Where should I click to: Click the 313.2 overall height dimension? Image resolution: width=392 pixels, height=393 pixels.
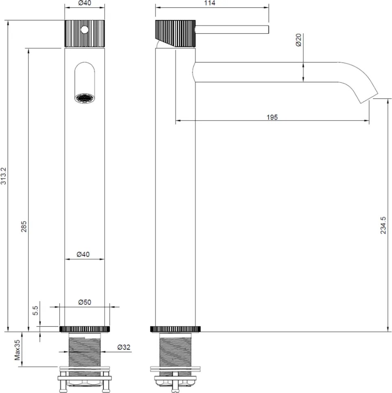pyautogui.click(x=4, y=176)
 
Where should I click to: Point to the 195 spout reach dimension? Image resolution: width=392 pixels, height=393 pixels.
pyautogui.click(x=272, y=117)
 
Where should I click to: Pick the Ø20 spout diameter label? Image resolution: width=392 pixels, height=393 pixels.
pyautogui.click(x=298, y=41)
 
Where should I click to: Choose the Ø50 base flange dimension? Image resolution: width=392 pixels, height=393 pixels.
pyautogui.click(x=84, y=302)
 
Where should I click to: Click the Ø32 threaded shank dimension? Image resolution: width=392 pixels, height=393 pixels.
pyautogui.click(x=123, y=347)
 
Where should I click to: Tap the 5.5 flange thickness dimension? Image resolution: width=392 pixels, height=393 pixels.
pyautogui.click(x=35, y=311)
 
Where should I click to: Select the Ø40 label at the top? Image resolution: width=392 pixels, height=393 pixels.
pyautogui.click(x=85, y=3)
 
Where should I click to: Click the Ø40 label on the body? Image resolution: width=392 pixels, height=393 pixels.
pyautogui.click(x=83, y=255)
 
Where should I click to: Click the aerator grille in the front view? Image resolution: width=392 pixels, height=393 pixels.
pyautogui.click(x=85, y=98)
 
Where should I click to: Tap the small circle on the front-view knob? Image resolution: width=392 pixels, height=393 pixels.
pyautogui.click(x=85, y=30)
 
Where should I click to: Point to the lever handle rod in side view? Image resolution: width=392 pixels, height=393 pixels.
pyautogui.click(x=232, y=29)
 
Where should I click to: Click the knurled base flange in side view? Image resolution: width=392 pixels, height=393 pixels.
pyautogui.click(x=176, y=329)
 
